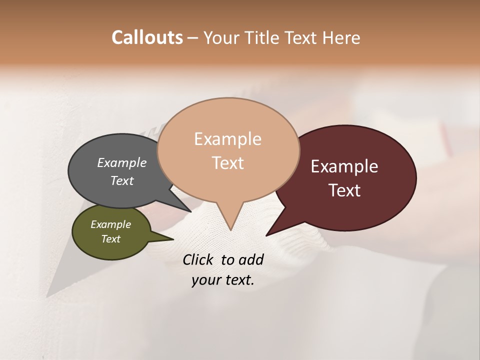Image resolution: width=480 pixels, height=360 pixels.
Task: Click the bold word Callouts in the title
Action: pyautogui.click(x=147, y=37)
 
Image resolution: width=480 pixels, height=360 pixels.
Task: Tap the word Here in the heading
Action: pyautogui.click(x=340, y=37)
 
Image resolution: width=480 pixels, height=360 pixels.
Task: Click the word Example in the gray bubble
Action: pyautogui.click(x=122, y=162)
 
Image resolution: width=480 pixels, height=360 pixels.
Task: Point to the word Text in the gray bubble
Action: pyautogui.click(x=122, y=180)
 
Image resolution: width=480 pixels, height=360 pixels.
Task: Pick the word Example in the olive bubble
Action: pyautogui.click(x=111, y=224)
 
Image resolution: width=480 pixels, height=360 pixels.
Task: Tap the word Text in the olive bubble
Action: pyautogui.click(x=111, y=239)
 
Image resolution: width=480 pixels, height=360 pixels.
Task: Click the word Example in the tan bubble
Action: pyautogui.click(x=227, y=139)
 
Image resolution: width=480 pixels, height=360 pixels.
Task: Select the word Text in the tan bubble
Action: pyautogui.click(x=227, y=163)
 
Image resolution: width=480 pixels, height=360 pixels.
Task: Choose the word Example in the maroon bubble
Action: pyautogui.click(x=344, y=166)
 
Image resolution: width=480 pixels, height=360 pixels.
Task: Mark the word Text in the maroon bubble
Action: pyautogui.click(x=344, y=190)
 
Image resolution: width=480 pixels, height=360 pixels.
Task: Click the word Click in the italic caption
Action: pyautogui.click(x=199, y=259)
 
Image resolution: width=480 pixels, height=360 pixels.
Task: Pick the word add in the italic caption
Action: pyautogui.click(x=251, y=259)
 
